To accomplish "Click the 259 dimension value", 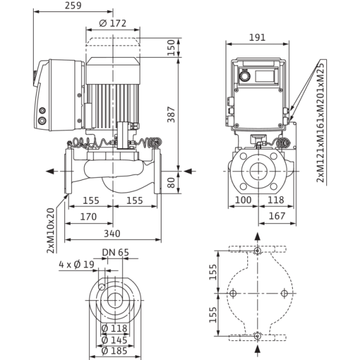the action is click(x=73, y=5).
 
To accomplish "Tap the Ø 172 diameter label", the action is click(x=113, y=23).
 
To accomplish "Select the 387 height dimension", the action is click(x=171, y=115).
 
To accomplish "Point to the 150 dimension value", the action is click(x=171, y=47).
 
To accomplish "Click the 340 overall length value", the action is click(x=112, y=233).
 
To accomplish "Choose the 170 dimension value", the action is click(x=88, y=217).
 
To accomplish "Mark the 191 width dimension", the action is click(x=257, y=37).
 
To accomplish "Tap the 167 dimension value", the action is click(x=277, y=216).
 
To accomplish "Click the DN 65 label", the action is click(x=115, y=253).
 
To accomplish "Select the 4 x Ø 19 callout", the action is click(x=76, y=265).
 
